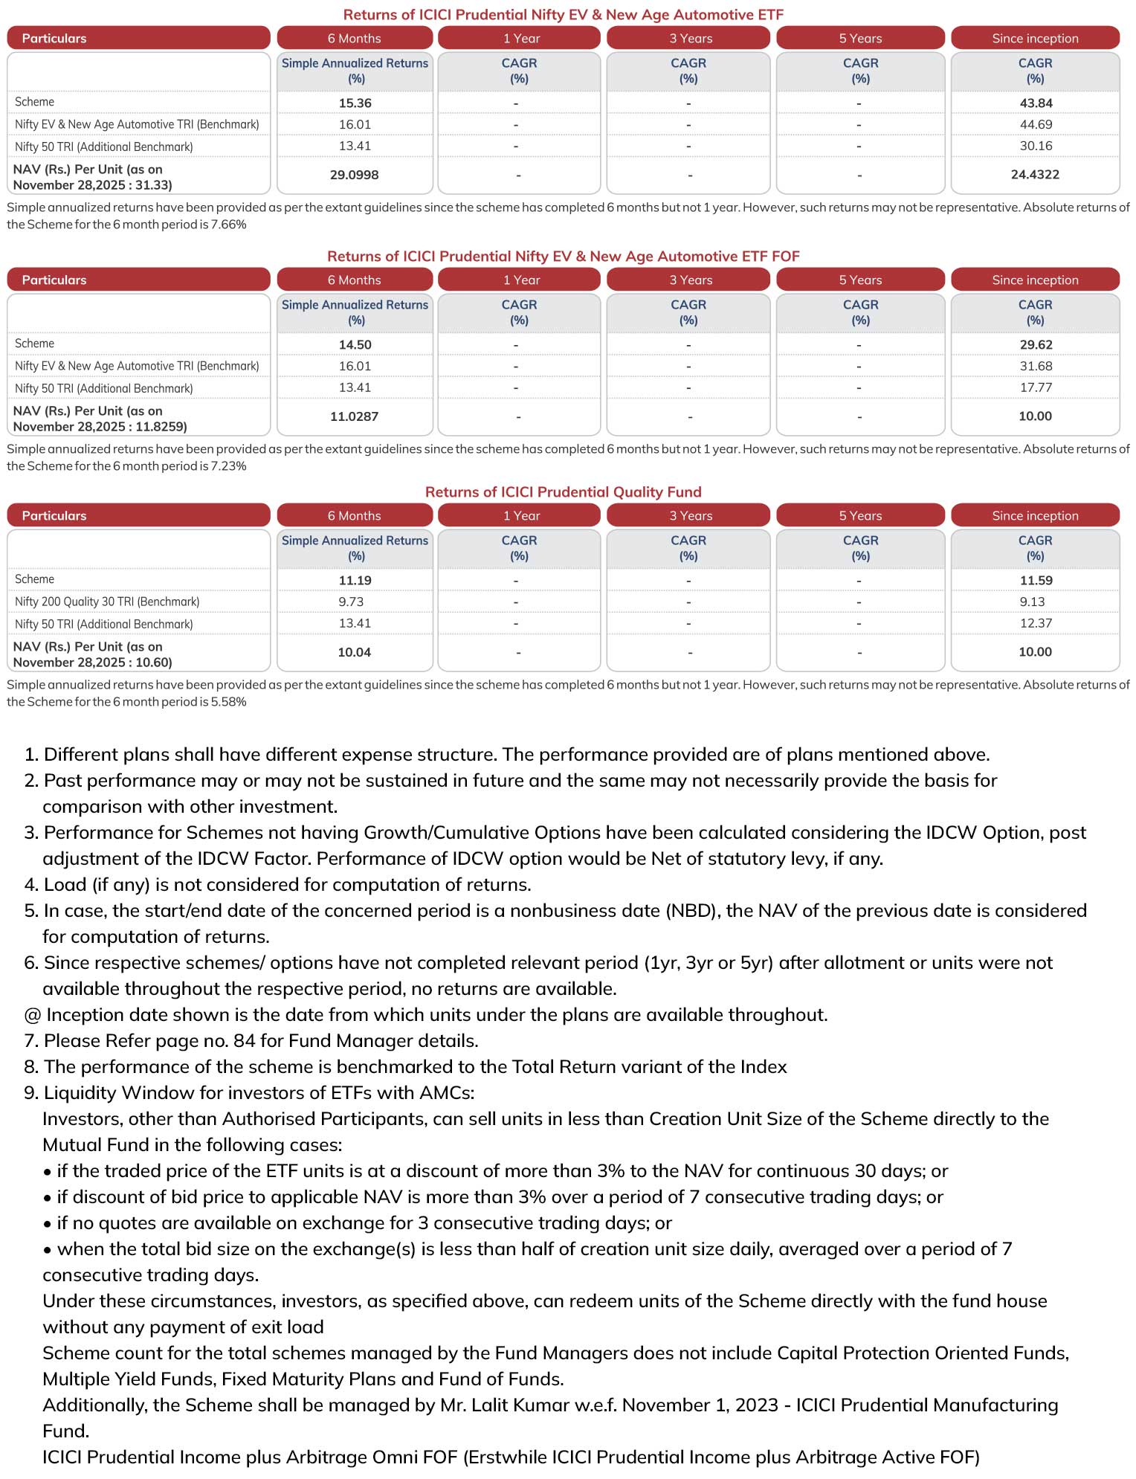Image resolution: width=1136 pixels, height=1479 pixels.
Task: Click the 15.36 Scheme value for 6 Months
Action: coord(355,103)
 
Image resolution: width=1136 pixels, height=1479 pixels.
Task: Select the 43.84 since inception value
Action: coord(1036,103)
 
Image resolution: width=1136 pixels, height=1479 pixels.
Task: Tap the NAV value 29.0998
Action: coord(354,175)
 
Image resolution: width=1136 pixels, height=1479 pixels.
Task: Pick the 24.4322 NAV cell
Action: coord(1035,175)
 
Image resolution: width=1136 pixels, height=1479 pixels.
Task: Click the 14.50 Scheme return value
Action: coord(355,344)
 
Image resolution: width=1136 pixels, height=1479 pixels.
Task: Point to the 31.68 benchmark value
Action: coord(1036,366)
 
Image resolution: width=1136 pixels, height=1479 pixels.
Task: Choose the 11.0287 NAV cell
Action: coord(354,416)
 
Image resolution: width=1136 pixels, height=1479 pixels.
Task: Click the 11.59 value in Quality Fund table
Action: coord(1036,580)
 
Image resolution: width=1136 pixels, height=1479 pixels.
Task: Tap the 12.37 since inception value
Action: coord(1036,623)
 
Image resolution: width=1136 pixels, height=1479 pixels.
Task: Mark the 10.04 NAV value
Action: coord(354,652)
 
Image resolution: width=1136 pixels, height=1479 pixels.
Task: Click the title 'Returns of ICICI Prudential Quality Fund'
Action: coord(563,492)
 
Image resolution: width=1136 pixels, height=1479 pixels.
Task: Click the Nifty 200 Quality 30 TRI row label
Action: coord(107,602)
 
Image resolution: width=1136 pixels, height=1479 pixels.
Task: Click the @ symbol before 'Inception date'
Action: coord(33,1015)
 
